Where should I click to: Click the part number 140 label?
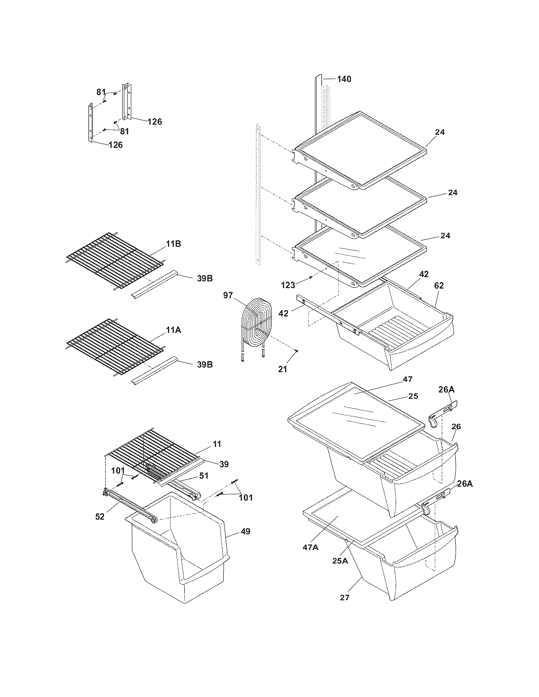pyautogui.click(x=344, y=79)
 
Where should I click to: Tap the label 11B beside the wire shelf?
pyautogui.click(x=173, y=244)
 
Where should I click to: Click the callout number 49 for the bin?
pyautogui.click(x=245, y=531)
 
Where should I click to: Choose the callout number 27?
pyautogui.click(x=345, y=597)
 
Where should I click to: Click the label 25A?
pyautogui.click(x=340, y=561)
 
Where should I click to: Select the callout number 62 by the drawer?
pyautogui.click(x=439, y=286)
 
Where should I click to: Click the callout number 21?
pyautogui.click(x=282, y=369)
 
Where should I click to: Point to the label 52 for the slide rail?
pyautogui.click(x=100, y=516)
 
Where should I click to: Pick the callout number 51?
pyautogui.click(x=204, y=476)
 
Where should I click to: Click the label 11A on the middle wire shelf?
pyautogui.click(x=173, y=330)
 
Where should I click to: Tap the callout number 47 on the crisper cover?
pyautogui.click(x=408, y=379)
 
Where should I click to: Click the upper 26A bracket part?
pyautogui.click(x=442, y=413)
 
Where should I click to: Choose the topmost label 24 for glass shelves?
pyautogui.click(x=440, y=132)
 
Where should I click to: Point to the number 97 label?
pyautogui.click(x=228, y=295)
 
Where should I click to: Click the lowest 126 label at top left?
pyautogui.click(x=115, y=145)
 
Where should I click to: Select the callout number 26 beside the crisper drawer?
pyautogui.click(x=456, y=427)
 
